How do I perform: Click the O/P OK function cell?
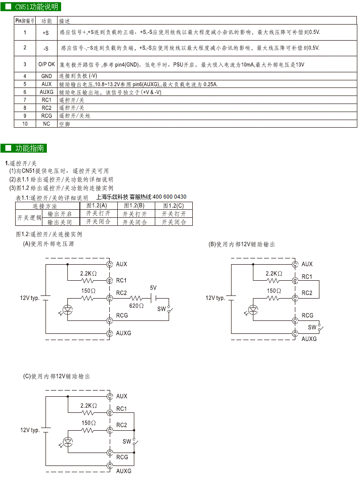[x=46, y=64]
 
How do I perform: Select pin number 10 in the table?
[x=25, y=124]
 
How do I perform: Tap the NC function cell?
[x=46, y=124]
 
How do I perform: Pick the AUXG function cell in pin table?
[x=46, y=92]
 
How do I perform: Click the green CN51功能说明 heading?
[x=31, y=6]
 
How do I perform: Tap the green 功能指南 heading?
[x=24, y=148]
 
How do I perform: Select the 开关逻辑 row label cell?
[x=29, y=218]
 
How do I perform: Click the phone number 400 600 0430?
[x=170, y=197]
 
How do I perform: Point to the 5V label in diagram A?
[x=153, y=288]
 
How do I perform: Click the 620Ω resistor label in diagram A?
[x=136, y=305]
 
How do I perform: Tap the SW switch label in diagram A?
[x=161, y=309]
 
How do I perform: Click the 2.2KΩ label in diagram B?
[x=274, y=274]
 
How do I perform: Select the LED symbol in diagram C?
[x=68, y=441]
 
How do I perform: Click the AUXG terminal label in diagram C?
[x=124, y=471]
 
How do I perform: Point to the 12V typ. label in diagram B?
[x=215, y=298]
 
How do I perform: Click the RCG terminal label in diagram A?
[x=122, y=315]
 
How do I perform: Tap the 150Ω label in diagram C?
[x=88, y=423]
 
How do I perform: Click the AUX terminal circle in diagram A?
[x=110, y=264]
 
